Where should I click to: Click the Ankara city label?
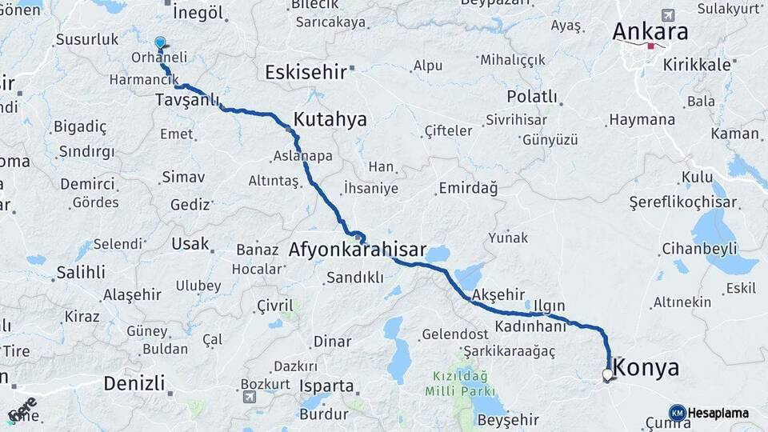(x=650, y=32)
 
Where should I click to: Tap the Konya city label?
(x=649, y=368)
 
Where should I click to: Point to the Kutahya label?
(x=330, y=120)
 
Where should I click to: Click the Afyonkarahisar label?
(x=357, y=250)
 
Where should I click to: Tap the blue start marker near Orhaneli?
(x=160, y=42)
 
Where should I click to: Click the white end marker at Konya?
(x=607, y=374)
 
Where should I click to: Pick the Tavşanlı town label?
(x=187, y=100)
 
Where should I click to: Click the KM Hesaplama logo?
(x=709, y=413)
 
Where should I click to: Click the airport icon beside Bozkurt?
(x=250, y=397)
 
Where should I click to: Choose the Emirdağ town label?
(x=468, y=189)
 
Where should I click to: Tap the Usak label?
(x=190, y=244)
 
